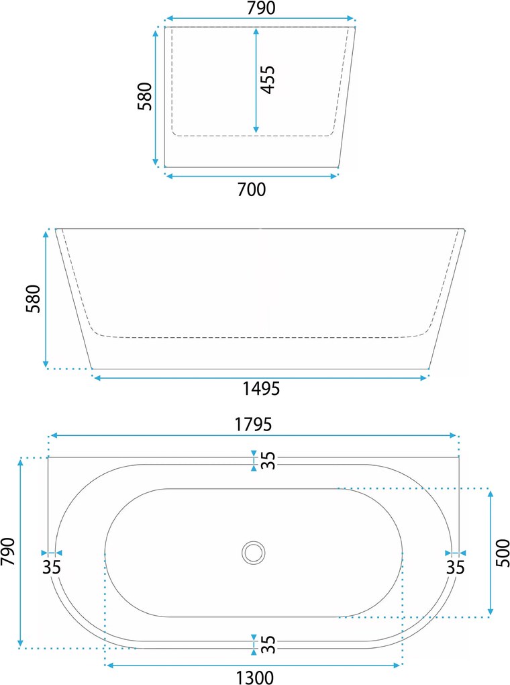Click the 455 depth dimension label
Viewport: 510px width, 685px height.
point(268,79)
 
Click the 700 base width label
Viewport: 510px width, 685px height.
point(251,189)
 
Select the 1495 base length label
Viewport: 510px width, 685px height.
point(261,388)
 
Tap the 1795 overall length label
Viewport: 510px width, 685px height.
point(253,424)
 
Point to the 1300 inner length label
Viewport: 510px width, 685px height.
point(255,678)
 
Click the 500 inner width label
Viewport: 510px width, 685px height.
point(503,553)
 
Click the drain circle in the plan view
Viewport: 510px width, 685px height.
point(253,553)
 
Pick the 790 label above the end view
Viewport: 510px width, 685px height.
point(261,8)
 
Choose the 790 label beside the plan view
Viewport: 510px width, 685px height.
point(8,552)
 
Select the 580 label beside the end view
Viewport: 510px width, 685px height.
point(144,96)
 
